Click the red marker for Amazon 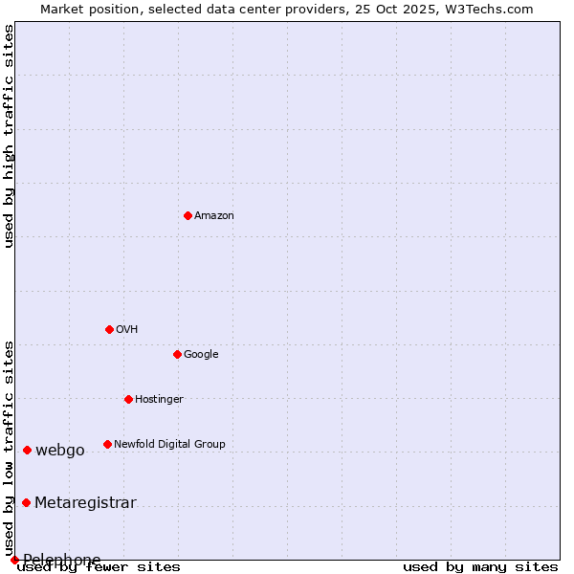click(x=188, y=215)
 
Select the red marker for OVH click(x=109, y=329)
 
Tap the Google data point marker click(x=177, y=354)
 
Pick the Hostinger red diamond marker click(x=128, y=399)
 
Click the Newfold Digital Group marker click(x=107, y=444)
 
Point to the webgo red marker click(x=27, y=450)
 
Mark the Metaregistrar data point click(x=26, y=502)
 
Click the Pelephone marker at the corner click(x=14, y=560)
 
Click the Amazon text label click(x=214, y=216)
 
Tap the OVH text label click(x=127, y=330)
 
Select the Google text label click(x=201, y=355)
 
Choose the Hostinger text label click(x=159, y=400)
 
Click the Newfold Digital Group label click(x=169, y=444)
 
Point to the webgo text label click(x=60, y=451)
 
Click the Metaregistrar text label click(x=85, y=503)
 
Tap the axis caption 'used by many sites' click(x=480, y=566)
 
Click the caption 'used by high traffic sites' click(x=9, y=136)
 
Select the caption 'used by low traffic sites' click(x=9, y=448)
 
